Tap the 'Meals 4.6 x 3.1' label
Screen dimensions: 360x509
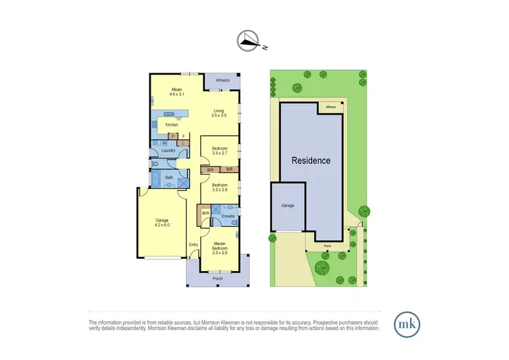[176, 91]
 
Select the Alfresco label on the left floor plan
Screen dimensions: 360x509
[223, 81]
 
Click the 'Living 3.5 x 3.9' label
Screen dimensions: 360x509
[219, 113]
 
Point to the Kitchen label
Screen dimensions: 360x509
[172, 125]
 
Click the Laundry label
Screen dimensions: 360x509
[168, 151]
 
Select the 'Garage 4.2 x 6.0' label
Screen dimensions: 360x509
[162, 222]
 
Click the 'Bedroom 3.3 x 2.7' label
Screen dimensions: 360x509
[219, 151]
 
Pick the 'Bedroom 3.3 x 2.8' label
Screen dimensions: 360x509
[219, 187]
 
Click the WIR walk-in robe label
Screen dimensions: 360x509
[205, 213]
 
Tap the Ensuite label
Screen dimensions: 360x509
[228, 216]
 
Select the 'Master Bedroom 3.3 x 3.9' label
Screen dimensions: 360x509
[220, 247]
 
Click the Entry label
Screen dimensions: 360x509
[193, 245]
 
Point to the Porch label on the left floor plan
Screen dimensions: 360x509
[218, 278]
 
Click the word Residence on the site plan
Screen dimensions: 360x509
[312, 161]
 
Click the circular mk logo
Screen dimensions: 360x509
[407, 323]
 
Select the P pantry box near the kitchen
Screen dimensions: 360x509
[174, 136]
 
